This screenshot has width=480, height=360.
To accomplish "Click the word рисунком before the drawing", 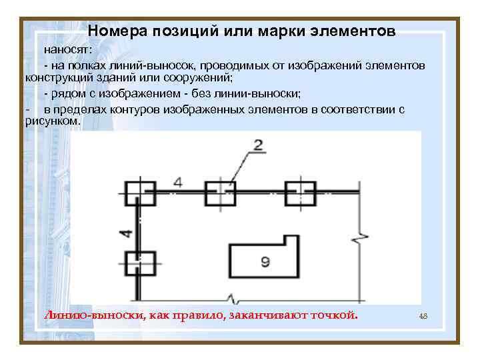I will pyautogui.click(x=51, y=121).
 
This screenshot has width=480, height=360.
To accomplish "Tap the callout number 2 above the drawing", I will pyautogui.click(x=257, y=145).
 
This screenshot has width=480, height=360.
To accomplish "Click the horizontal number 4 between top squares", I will pyautogui.click(x=177, y=181).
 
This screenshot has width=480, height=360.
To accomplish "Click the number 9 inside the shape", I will pyautogui.click(x=265, y=262).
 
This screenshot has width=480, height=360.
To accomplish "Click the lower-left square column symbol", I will pyautogui.click(x=139, y=263).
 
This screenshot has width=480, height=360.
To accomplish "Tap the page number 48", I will pyautogui.click(x=423, y=315).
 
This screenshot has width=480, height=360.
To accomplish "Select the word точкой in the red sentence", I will pyautogui.click(x=334, y=315).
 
